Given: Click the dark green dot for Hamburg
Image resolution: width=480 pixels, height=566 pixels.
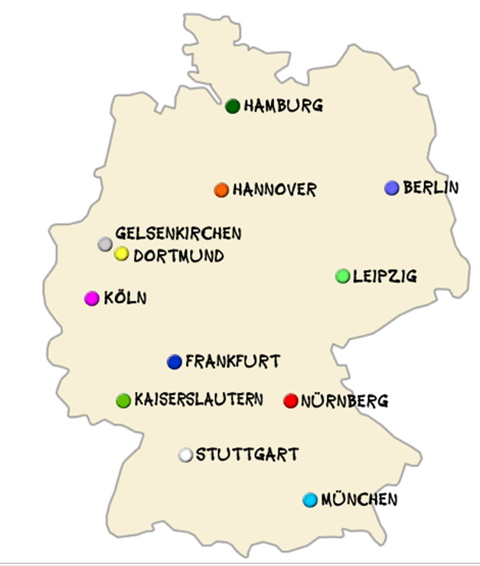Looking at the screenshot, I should [x=233, y=106].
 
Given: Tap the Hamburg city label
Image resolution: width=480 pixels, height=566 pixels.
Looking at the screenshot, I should [x=283, y=106].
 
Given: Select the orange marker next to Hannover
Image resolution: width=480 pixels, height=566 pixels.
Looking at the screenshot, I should [x=221, y=189].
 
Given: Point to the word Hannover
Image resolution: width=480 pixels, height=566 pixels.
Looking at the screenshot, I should [x=274, y=189].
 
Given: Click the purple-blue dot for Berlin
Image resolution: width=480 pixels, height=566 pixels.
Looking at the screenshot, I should [x=392, y=188].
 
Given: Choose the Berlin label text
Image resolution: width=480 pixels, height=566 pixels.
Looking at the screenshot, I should [x=431, y=187].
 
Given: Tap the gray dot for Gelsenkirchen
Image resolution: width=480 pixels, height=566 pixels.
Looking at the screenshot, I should [x=105, y=244].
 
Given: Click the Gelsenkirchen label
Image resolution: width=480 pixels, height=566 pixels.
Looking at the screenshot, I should [x=178, y=233].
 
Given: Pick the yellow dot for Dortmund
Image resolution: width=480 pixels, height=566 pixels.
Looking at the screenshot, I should [x=121, y=254].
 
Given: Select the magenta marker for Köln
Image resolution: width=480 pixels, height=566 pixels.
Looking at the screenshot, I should [x=92, y=298].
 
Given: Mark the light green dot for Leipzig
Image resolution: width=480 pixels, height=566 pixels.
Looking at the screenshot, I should [x=343, y=276].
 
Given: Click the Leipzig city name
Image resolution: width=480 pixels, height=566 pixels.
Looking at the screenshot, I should [x=385, y=276].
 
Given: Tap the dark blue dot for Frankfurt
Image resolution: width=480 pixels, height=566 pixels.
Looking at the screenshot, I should [x=175, y=362].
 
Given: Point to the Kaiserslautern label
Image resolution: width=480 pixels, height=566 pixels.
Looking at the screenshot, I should [x=198, y=400].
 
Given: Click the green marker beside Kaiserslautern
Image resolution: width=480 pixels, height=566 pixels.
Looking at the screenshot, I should [x=123, y=400].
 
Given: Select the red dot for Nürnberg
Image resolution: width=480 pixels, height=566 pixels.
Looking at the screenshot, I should [x=290, y=400].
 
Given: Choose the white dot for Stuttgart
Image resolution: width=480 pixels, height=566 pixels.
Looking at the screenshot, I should [x=185, y=455].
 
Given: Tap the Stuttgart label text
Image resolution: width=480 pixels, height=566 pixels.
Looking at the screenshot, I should [x=247, y=455].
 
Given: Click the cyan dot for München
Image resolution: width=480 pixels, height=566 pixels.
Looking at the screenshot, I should [x=309, y=500].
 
